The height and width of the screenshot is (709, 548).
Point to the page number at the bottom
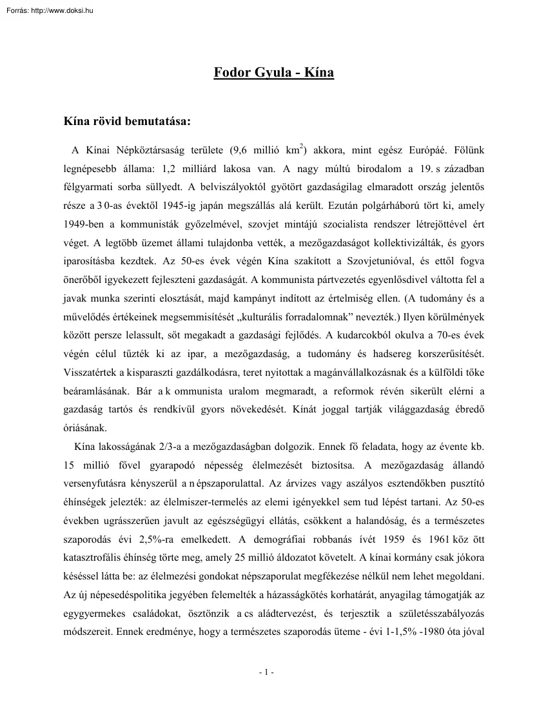[x=267, y=672]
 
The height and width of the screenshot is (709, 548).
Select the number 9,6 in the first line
[x=237, y=150]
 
